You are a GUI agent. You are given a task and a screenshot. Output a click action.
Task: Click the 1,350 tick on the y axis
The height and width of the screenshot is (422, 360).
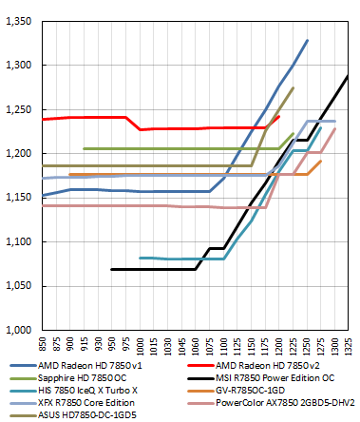tap(19, 21)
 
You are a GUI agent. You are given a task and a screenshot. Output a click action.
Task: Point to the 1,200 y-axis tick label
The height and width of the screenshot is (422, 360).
tap(19, 153)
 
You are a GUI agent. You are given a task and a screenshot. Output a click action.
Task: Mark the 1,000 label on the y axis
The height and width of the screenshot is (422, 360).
tap(19, 330)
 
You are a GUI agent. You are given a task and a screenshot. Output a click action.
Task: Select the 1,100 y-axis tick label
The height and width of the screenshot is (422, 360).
tap(19, 241)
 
